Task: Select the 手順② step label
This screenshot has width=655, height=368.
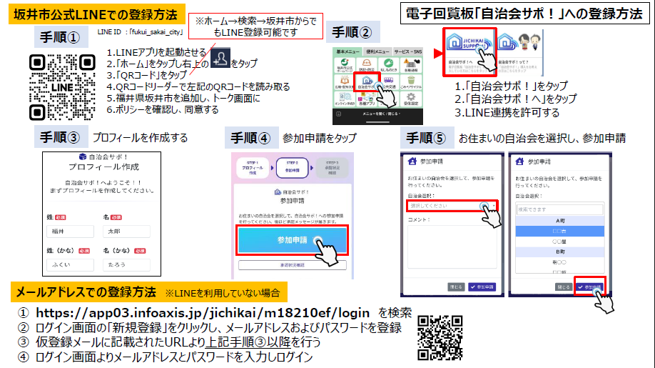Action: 352,32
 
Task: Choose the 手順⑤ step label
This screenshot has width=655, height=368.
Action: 430,136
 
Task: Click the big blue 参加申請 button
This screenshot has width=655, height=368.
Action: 293,241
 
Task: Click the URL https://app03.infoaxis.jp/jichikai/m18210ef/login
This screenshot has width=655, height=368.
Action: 203,313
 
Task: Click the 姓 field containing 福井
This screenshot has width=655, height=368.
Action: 70,232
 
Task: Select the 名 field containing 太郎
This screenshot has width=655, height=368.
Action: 126,232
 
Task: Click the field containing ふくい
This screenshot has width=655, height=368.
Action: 70,265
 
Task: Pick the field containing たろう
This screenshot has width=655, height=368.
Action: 126,265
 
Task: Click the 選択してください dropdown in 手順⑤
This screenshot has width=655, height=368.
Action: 450,206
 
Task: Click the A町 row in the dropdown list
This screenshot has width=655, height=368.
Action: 559,222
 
